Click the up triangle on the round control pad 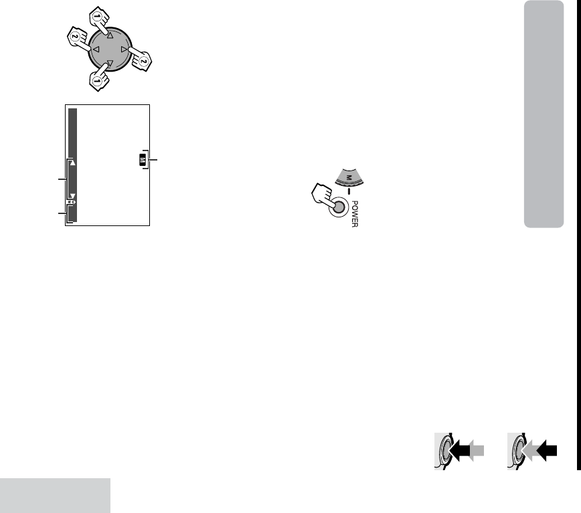(110, 35)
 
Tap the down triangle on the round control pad (110, 63)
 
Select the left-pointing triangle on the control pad (96, 49)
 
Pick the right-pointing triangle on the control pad (124, 49)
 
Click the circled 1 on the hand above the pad (97, 16)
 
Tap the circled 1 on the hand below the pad (97, 81)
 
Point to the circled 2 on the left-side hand (75, 36)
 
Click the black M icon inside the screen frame (143, 160)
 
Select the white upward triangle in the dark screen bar (72, 163)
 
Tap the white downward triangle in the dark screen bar (72, 196)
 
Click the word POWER (355, 214)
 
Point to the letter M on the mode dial (348, 178)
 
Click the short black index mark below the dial (349, 191)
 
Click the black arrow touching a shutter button (459, 450)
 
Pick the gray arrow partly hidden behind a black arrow (477, 450)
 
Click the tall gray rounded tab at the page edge (544, 114)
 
